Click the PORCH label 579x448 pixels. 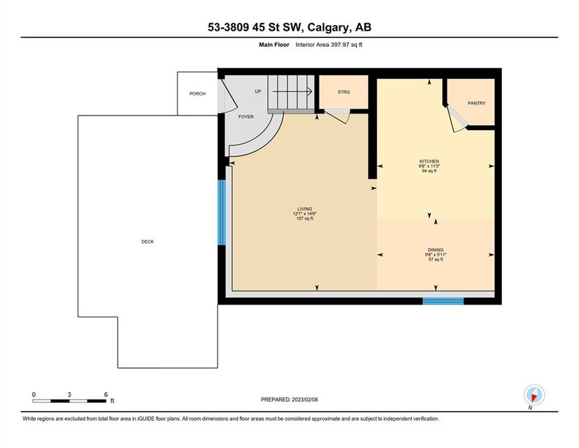click(x=197, y=94)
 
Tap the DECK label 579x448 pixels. click(x=148, y=241)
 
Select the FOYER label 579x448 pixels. click(x=246, y=117)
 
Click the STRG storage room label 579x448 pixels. click(x=343, y=92)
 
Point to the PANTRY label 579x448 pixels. click(x=476, y=103)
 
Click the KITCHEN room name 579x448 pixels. click(x=429, y=162)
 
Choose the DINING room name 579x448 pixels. click(x=436, y=250)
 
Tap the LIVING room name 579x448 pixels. click(x=305, y=209)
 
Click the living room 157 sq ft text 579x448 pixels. click(x=305, y=218)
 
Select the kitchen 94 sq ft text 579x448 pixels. click(x=429, y=171)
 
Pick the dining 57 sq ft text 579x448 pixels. click(x=436, y=260)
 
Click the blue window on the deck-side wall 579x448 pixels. click(x=222, y=213)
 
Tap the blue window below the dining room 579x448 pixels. click(x=443, y=301)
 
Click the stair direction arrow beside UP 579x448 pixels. click(x=292, y=91)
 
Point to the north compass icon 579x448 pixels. click(x=534, y=395)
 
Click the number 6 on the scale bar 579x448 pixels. click(x=106, y=395)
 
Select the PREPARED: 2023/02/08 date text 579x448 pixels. click(x=289, y=400)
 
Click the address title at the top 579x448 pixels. click(x=289, y=27)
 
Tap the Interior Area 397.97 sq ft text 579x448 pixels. click(x=329, y=45)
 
